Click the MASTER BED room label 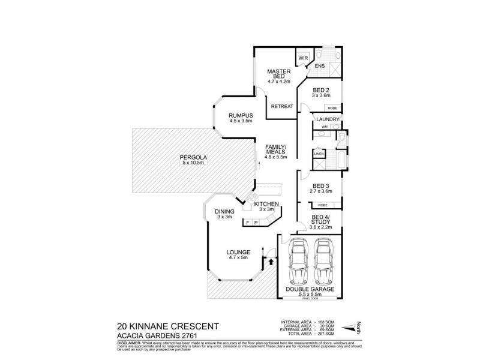[278, 73]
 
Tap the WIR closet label [303, 58]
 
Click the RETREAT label [281, 106]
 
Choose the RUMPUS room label [239, 115]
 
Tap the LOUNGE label [238, 251]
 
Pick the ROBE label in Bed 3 [314, 205]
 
